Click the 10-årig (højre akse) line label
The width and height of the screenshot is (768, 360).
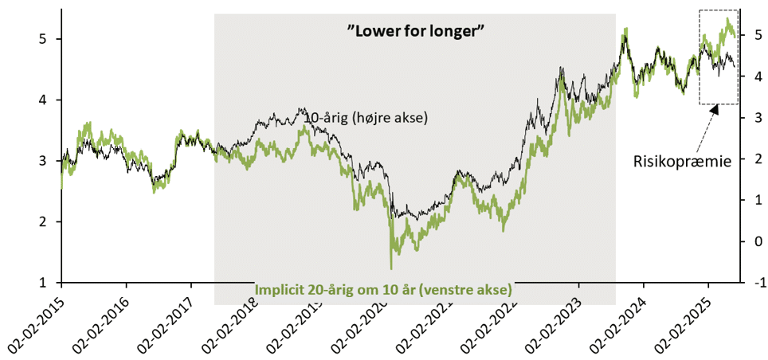366,119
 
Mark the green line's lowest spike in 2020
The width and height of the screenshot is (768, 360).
391,268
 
